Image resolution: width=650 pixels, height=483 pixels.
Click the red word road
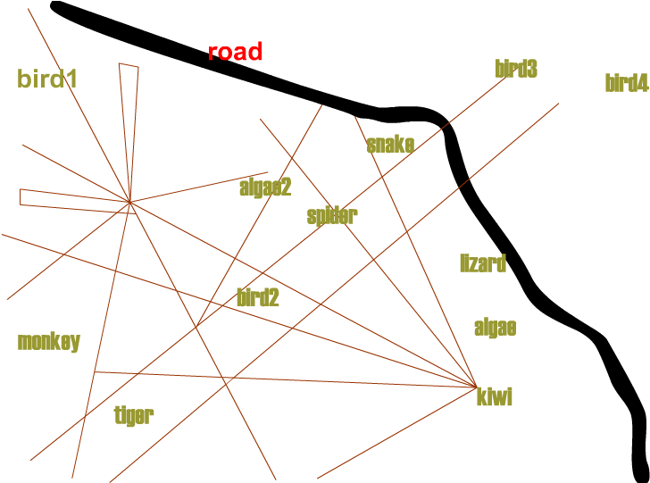[235, 52]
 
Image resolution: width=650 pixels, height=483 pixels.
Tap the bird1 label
[47, 79]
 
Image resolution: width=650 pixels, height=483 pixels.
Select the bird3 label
[516, 69]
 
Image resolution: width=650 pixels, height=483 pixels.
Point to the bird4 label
[626, 84]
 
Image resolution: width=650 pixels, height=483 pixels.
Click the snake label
[390, 145]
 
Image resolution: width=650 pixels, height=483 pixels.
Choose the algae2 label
[265, 187]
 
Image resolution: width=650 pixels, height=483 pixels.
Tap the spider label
[332, 216]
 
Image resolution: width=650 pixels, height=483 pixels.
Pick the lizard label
[483, 263]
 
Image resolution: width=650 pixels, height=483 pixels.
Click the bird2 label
[258, 298]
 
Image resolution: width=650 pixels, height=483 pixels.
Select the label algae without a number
[495, 328]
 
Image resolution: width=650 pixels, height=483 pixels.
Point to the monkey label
[49, 342]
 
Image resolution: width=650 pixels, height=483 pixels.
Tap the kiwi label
[495, 397]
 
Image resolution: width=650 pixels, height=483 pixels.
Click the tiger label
[135, 415]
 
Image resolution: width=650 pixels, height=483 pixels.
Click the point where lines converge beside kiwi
[477, 387]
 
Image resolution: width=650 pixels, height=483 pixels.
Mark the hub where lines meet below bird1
[130, 203]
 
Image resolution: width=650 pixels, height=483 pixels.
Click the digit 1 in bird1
[72, 79]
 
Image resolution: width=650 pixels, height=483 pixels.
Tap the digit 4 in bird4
[642, 84]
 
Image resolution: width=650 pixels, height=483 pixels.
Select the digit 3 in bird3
[532, 69]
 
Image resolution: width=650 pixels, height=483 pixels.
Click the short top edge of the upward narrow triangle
[129, 65]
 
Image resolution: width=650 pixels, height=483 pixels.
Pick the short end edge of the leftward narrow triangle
[21, 197]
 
